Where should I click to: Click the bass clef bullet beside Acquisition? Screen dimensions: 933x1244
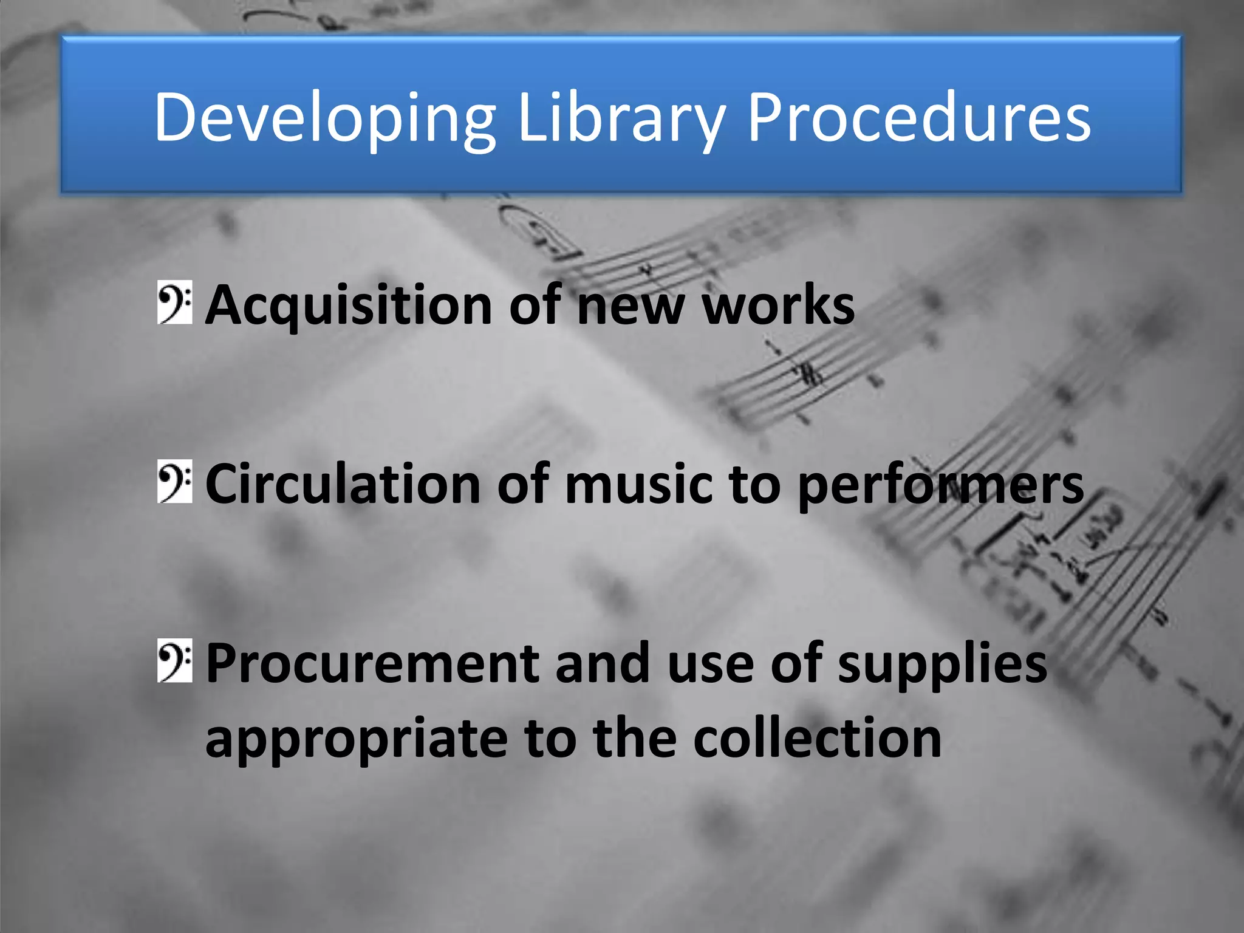(175, 302)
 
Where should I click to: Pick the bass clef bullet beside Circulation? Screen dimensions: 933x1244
(175, 482)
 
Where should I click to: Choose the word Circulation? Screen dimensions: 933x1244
(343, 484)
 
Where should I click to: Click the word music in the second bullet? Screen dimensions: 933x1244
(638, 484)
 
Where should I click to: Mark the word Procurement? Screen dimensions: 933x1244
(371, 663)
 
